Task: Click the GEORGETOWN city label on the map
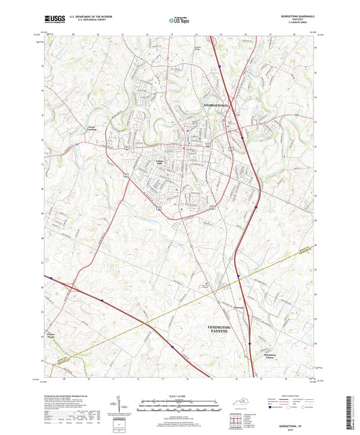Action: [216, 106]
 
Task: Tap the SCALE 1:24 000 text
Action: [179, 394]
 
